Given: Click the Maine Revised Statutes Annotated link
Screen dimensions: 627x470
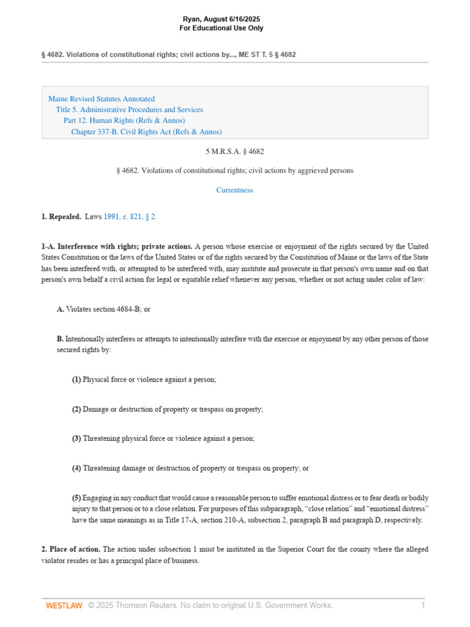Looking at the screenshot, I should coord(101,99).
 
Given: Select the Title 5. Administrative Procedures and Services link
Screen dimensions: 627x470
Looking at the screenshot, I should coord(129,110).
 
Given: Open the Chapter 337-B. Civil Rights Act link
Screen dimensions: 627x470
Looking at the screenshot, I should coord(146,132).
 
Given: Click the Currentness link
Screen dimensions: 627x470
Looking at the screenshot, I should coord(234,190).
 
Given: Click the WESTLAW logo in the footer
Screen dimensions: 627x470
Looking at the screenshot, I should coord(64,606).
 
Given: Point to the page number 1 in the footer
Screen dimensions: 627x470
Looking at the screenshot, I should coord(423,606).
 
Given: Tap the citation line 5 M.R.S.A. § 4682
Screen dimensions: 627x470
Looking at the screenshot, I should coord(234,151).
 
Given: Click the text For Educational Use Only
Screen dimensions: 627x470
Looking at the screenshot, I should coord(221,28).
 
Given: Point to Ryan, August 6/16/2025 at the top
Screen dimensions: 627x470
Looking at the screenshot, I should coord(221,19).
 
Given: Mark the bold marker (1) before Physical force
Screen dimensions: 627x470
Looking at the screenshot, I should coord(76,380).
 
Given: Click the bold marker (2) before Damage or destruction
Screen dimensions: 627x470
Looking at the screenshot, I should coord(76,409).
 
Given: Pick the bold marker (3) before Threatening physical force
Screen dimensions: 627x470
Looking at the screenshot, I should coord(76,438).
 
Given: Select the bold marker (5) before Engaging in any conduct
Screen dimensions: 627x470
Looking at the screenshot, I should coord(76,498).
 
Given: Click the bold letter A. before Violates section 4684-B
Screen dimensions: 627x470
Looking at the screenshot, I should coord(61,309).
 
